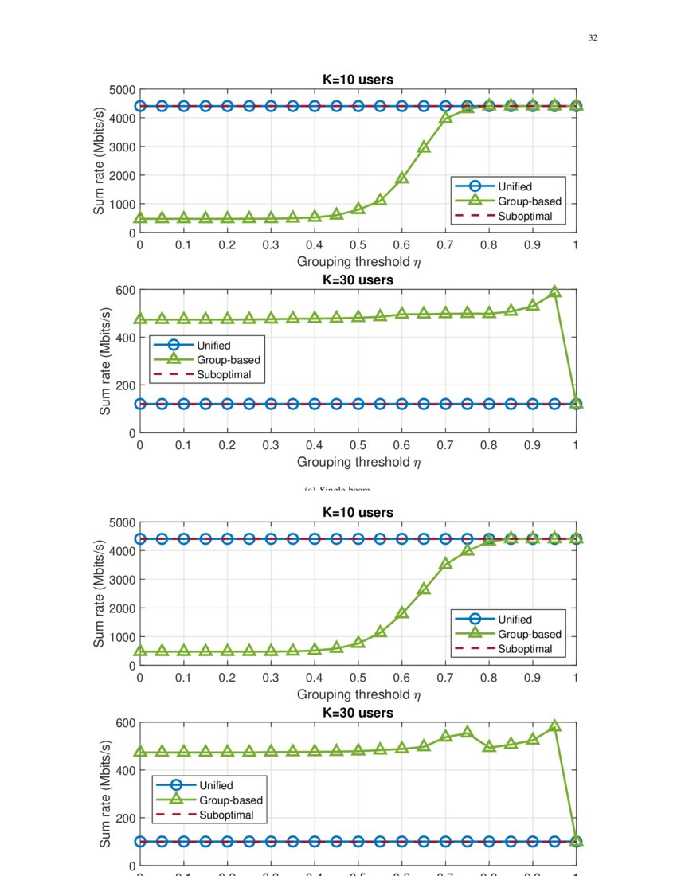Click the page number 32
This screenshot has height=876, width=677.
593,38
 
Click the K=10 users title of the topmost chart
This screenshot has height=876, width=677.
358,80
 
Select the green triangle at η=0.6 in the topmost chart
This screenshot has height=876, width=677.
402,178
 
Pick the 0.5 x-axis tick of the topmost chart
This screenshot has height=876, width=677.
358,245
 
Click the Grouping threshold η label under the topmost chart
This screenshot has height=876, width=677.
358,261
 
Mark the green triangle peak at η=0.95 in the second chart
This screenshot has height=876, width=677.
555,291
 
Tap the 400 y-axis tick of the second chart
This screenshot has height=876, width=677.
123,338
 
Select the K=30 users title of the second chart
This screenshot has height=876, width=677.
358,280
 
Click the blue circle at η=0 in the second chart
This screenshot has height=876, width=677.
140,404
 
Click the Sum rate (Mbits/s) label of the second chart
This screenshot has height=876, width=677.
105,360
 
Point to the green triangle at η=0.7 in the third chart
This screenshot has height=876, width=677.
446,563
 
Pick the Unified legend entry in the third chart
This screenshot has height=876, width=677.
515,620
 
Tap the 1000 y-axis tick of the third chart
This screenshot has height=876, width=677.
119,637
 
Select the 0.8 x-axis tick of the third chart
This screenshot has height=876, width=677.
489,678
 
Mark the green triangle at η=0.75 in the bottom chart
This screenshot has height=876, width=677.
468,732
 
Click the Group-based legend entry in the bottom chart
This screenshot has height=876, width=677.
230,800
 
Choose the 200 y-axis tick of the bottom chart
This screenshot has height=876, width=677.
123,818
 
